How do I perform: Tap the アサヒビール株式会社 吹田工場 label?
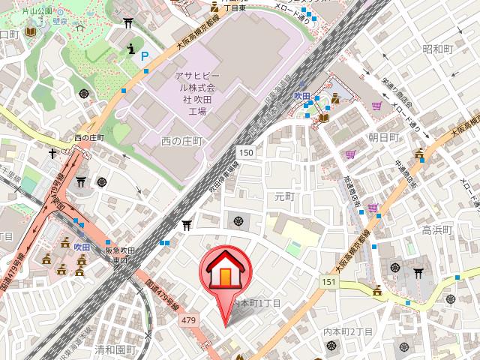point(196,94)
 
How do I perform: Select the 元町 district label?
point(286,196)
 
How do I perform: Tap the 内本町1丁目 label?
point(257,303)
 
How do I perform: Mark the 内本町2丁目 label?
point(348,331)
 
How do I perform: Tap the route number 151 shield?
point(328,281)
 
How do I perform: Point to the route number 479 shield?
point(188,320)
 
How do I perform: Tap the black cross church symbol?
point(53,154)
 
